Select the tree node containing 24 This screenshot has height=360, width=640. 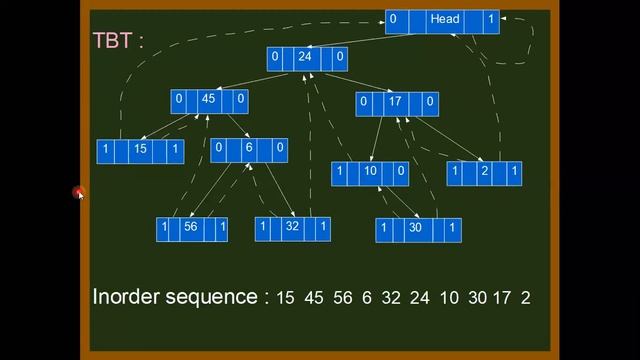click(x=307, y=58)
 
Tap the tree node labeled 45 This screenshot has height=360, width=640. click(x=209, y=100)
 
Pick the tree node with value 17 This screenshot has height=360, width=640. click(x=397, y=102)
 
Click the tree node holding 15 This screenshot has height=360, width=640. click(x=141, y=151)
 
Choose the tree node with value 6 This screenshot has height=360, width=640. click(x=249, y=150)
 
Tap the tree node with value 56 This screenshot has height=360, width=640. click(x=192, y=229)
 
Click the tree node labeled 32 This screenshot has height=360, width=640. click(x=292, y=229)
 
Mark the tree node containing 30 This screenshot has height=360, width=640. click(x=418, y=230)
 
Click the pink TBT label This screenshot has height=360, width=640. click(x=118, y=41)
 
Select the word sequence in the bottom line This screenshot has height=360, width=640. click(x=213, y=298)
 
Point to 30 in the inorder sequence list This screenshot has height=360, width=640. click(x=476, y=298)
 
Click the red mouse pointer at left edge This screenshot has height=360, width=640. click(x=78, y=193)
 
